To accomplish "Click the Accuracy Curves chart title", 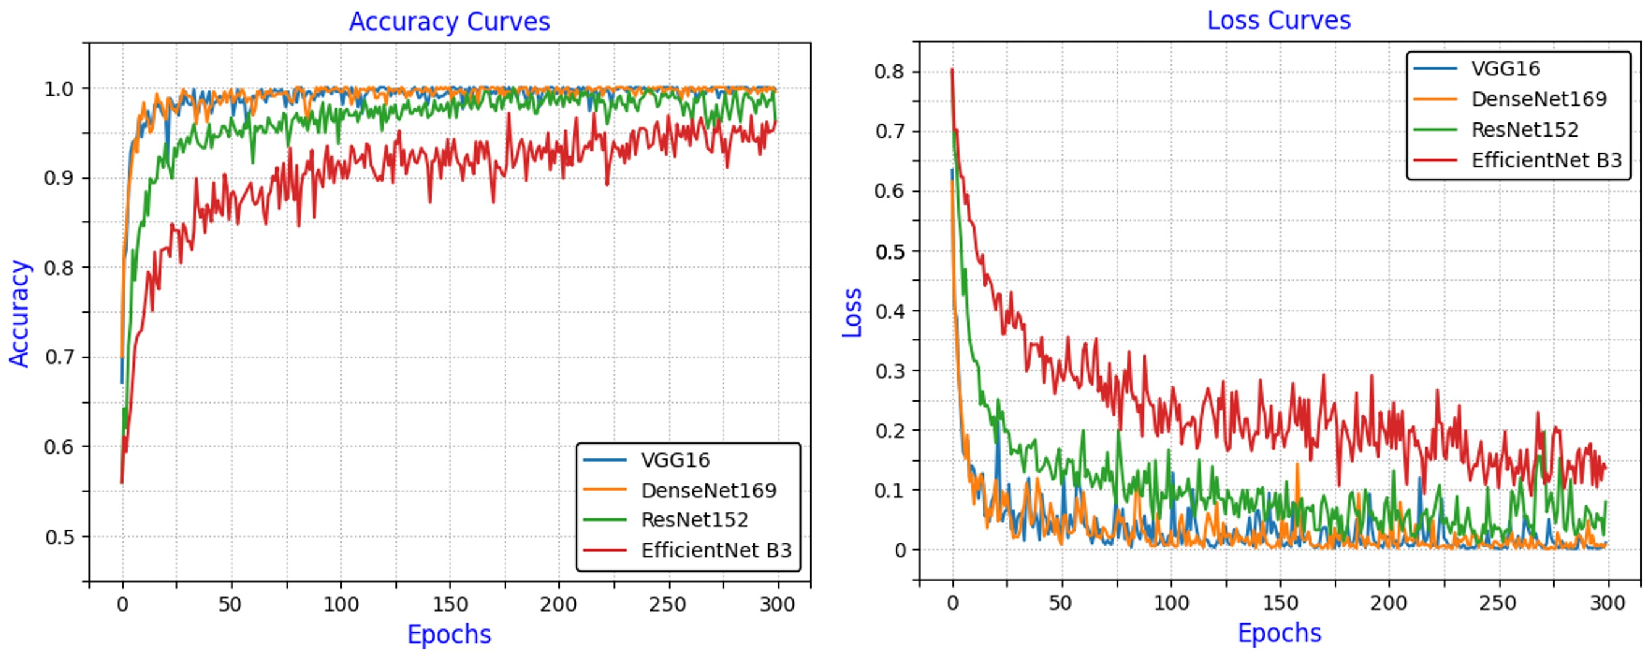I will point(449,22).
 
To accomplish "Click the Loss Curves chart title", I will point(1278,20).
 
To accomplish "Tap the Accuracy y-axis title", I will point(19,313).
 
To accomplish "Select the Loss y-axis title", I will point(852,313).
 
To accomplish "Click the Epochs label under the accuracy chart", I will point(449,634).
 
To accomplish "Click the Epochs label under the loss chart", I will point(1279,633).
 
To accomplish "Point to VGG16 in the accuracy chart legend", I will point(675,460).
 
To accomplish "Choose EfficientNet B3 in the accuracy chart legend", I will point(716,550).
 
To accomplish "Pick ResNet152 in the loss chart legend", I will point(1525,130).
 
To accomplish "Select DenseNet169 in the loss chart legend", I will point(1539,99).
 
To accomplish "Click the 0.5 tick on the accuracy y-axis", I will point(59,536).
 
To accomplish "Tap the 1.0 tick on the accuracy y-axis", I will point(59,88).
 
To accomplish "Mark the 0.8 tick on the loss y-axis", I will point(889,72).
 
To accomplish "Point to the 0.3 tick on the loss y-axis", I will point(889,371).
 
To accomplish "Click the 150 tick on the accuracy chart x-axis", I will point(450,604).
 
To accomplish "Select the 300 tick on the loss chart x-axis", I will point(1608,602).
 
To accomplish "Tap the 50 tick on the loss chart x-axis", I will point(1060,602).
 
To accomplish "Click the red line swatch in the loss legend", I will point(1435,160).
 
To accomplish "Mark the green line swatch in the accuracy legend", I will point(604,520).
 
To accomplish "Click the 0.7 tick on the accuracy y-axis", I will point(59,357).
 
